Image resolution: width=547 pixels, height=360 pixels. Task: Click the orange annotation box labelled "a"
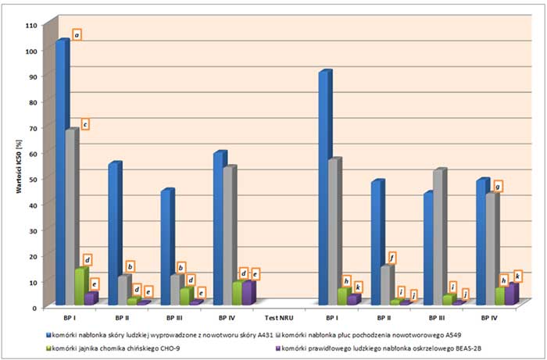(77, 34)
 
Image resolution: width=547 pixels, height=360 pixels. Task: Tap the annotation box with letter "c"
(84, 123)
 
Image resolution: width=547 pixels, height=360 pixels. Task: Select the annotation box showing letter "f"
(391, 257)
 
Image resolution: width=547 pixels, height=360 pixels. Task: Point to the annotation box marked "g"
(497, 186)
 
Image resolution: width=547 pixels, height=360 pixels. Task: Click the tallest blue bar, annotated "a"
(62, 172)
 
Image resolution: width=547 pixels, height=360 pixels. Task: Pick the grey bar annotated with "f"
(386, 285)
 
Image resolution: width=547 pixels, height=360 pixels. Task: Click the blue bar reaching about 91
(324, 187)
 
